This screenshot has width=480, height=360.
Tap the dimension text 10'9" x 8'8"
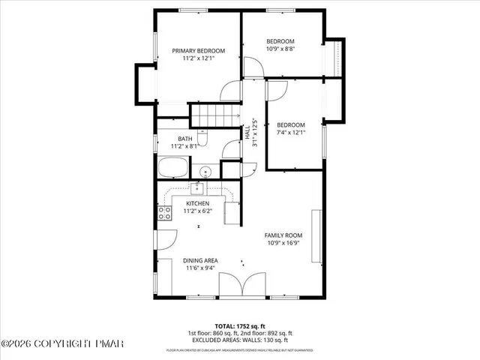tap(280, 49)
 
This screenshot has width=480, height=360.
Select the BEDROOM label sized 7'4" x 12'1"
tap(291, 124)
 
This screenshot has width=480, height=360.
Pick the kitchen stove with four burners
tap(163, 214)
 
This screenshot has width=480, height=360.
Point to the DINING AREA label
tap(200, 260)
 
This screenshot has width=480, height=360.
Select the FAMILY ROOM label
tap(283, 235)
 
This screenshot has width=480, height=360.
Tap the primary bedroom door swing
tap(229, 90)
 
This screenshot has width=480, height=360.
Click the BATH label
tap(184, 139)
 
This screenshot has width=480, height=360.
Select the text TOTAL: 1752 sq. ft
tap(240, 326)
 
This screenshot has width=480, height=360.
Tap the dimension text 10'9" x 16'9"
tap(283, 243)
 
